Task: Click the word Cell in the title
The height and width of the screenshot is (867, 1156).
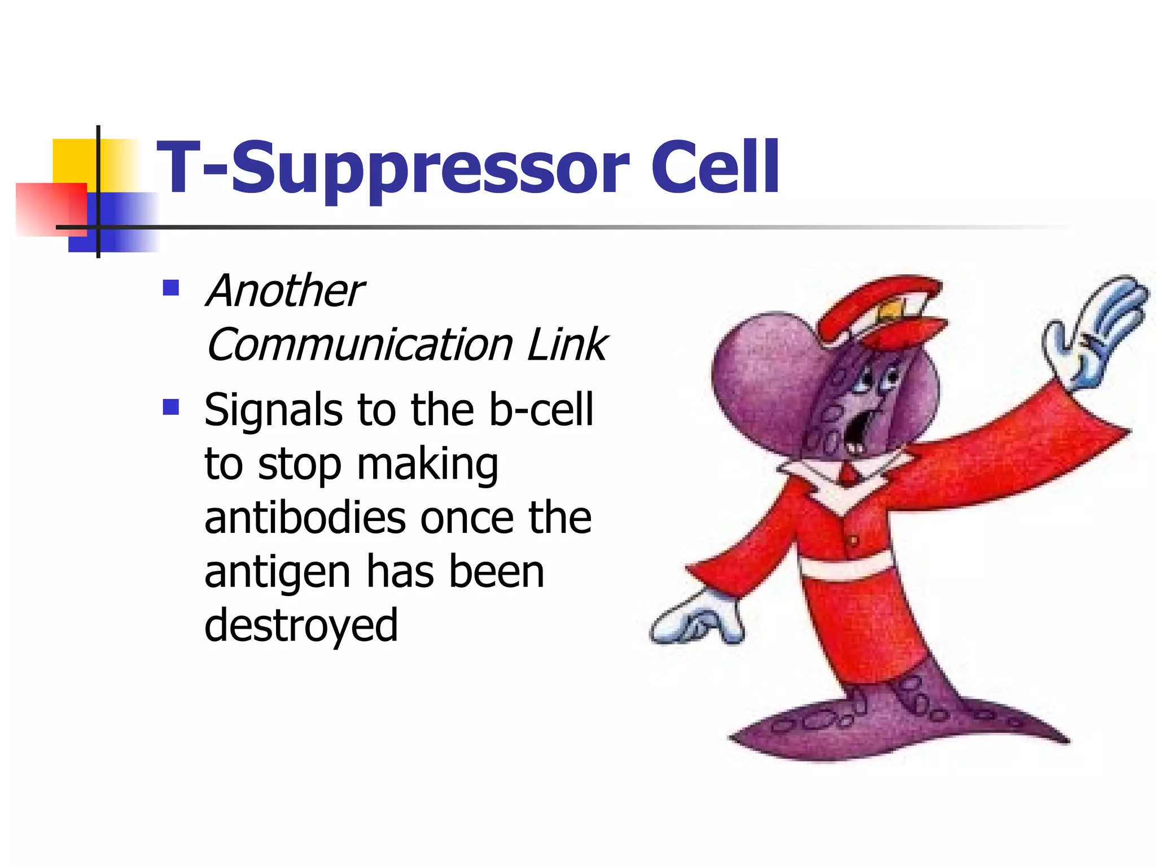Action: click(x=715, y=167)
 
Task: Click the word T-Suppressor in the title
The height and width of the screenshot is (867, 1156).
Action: click(x=392, y=168)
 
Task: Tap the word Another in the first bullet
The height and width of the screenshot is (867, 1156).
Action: click(x=285, y=291)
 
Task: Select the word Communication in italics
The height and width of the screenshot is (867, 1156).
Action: click(x=360, y=344)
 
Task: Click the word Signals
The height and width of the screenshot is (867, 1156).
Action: click(x=273, y=410)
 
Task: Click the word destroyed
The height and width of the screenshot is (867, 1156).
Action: click(x=301, y=625)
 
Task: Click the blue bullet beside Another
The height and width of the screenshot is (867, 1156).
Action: click(x=170, y=288)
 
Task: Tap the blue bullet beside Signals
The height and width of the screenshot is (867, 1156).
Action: click(x=170, y=406)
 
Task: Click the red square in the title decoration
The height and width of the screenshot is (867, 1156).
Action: click(x=51, y=208)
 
